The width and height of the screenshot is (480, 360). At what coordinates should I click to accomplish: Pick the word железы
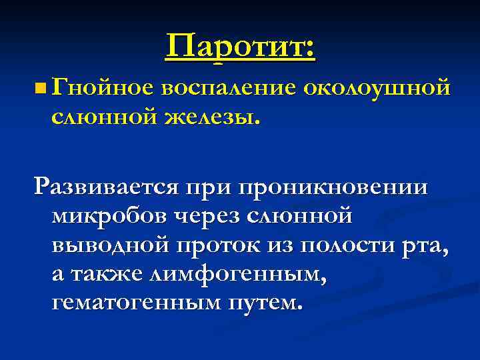tap(210, 117)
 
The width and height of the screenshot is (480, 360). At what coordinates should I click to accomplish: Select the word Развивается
tap(107, 187)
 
